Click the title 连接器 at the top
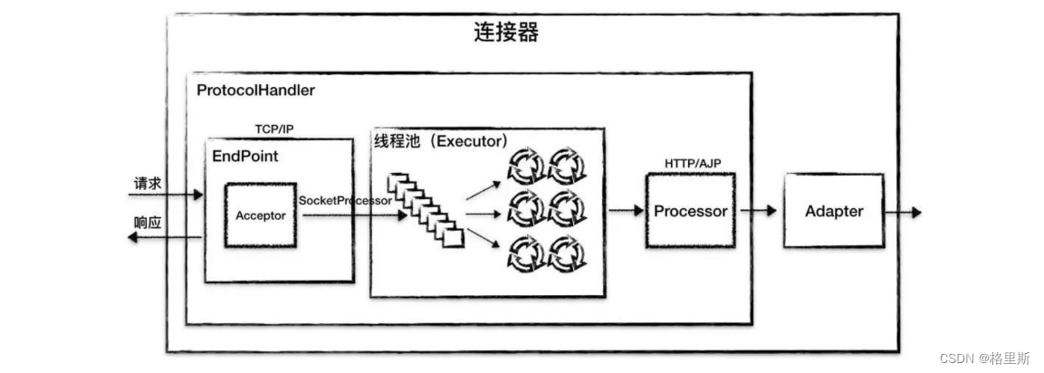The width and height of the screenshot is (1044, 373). click(x=506, y=33)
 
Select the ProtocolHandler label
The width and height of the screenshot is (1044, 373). click(x=255, y=91)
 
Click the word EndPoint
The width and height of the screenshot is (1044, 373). click(x=244, y=156)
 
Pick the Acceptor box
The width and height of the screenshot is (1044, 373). click(x=261, y=215)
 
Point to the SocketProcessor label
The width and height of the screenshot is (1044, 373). click(x=345, y=200)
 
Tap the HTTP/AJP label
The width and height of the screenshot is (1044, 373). click(x=693, y=162)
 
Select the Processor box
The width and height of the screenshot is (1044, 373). click(x=691, y=211)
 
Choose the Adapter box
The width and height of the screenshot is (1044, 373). click(x=834, y=211)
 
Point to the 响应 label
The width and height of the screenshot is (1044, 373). click(x=148, y=223)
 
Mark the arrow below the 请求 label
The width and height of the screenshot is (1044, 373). click(x=167, y=194)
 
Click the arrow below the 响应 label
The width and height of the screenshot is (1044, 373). click(x=164, y=237)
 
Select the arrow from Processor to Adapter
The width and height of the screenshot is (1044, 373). click(x=760, y=211)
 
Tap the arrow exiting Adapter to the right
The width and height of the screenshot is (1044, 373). click(x=903, y=212)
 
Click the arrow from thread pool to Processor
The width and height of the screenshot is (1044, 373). click(x=627, y=211)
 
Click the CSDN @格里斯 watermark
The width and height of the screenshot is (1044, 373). click(x=985, y=359)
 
